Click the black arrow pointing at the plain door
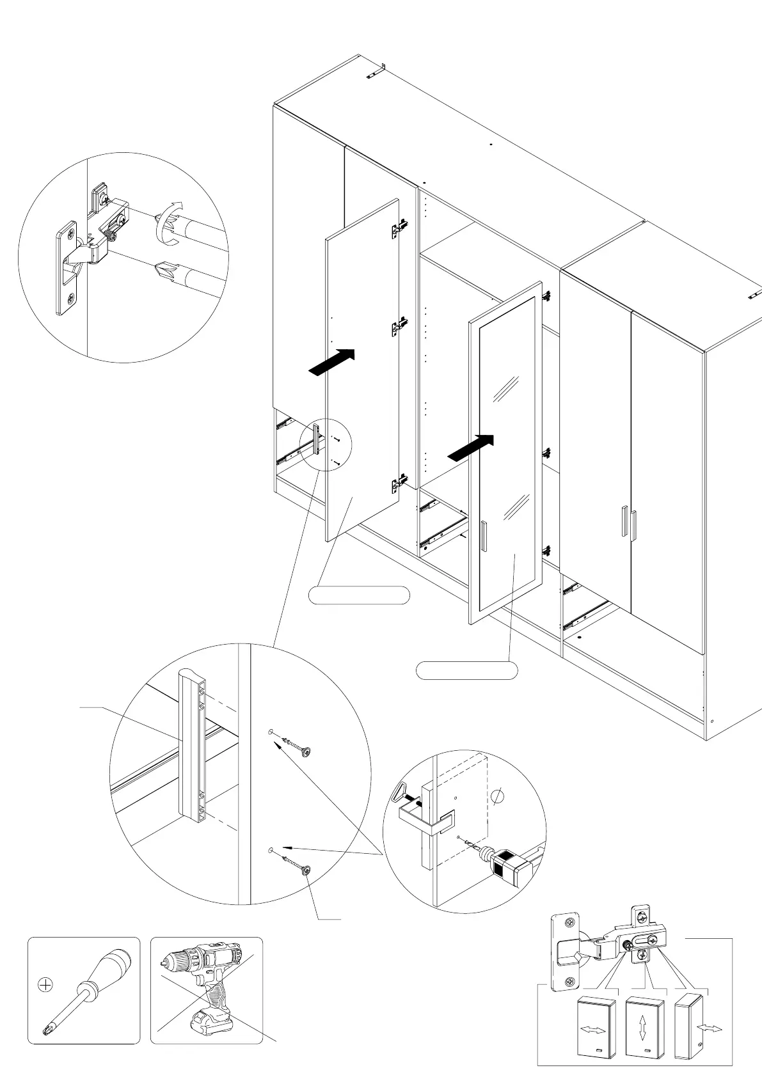pyautogui.click(x=331, y=362)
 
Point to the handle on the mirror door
pyautogui.click(x=484, y=535)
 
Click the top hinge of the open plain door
pyautogui.click(x=400, y=228)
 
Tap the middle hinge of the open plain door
pyautogui.click(x=399, y=326)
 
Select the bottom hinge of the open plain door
pyautogui.click(x=399, y=482)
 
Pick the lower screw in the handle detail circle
pyautogui.click(x=297, y=866)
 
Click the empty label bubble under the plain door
pyautogui.click(x=359, y=595)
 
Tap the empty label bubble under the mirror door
pyautogui.click(x=466, y=670)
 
